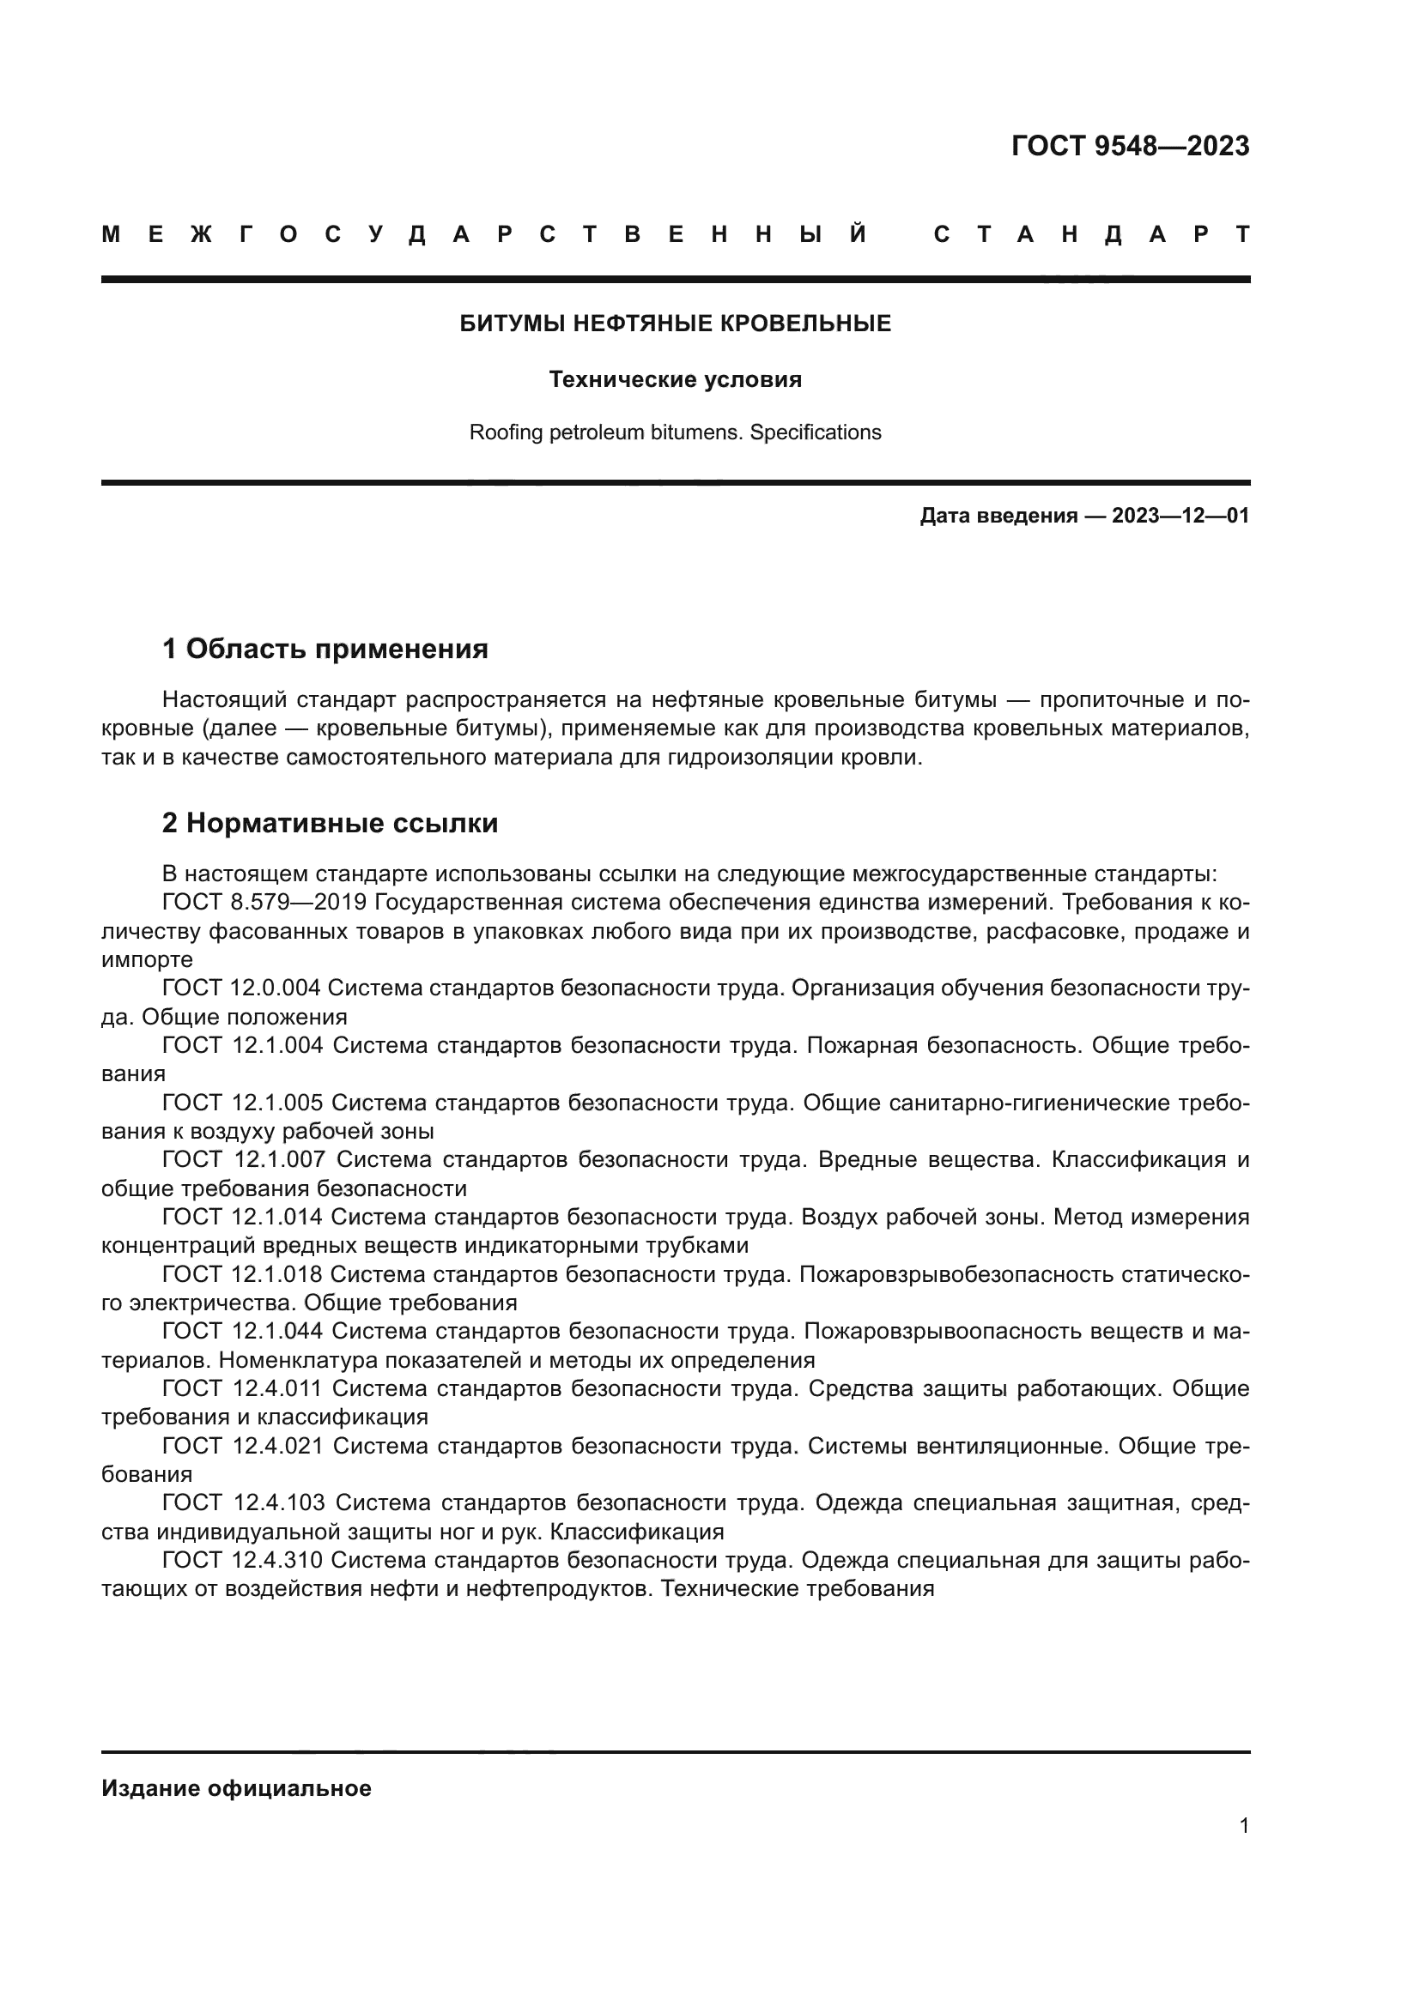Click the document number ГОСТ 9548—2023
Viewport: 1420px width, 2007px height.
click(1130, 146)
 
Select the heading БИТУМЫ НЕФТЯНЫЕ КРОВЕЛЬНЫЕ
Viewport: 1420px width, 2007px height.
click(675, 323)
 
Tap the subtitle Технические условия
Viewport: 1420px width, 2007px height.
click(675, 379)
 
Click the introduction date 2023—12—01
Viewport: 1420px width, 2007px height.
click(1180, 516)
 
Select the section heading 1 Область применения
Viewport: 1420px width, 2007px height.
click(325, 649)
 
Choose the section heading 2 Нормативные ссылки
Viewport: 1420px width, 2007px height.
click(330, 823)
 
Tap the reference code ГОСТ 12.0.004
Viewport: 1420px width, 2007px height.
click(242, 988)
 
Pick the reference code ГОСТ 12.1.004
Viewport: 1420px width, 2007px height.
click(242, 1045)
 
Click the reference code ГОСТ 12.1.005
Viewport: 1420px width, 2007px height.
click(242, 1103)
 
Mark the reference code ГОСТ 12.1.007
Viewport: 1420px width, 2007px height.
click(243, 1160)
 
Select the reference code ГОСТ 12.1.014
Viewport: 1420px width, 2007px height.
click(242, 1217)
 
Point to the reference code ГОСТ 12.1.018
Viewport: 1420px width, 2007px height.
click(242, 1274)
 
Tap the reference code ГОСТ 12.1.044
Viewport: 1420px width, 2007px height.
click(242, 1332)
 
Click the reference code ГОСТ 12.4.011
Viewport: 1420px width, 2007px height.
click(242, 1389)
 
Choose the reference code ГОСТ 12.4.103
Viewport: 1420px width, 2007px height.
click(243, 1503)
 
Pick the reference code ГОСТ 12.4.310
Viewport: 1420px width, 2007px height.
click(242, 1560)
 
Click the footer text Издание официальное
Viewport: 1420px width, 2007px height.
click(236, 1788)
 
